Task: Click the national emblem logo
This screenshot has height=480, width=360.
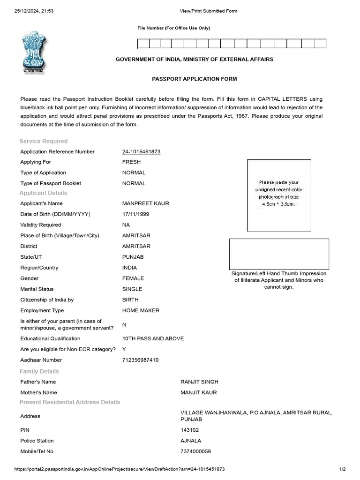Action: (34, 52)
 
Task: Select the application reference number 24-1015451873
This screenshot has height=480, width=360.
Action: (141, 151)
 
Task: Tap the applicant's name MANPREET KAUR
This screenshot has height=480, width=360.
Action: (145, 203)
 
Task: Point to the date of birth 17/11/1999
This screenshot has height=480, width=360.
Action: (136, 214)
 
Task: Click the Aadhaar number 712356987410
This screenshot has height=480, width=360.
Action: (140, 360)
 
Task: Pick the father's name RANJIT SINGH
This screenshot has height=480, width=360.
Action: (199, 382)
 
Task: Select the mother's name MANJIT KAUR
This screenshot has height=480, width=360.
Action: (199, 392)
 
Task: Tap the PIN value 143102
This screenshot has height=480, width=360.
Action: (189, 430)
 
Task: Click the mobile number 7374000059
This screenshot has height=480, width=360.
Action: (195, 451)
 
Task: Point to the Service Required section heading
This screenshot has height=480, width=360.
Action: (44, 141)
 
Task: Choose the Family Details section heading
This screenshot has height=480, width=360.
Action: (39, 371)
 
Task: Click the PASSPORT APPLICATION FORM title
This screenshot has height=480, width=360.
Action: (194, 79)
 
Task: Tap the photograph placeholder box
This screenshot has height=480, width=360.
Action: (279, 195)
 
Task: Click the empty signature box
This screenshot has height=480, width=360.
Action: (279, 254)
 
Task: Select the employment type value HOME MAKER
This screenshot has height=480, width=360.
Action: (141, 310)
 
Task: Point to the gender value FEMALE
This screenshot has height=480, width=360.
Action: (133, 278)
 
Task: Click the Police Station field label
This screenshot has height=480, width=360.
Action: (37, 441)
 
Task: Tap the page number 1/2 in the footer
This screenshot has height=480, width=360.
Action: (342, 469)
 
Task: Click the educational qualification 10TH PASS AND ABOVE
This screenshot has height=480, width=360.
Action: (153, 338)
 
